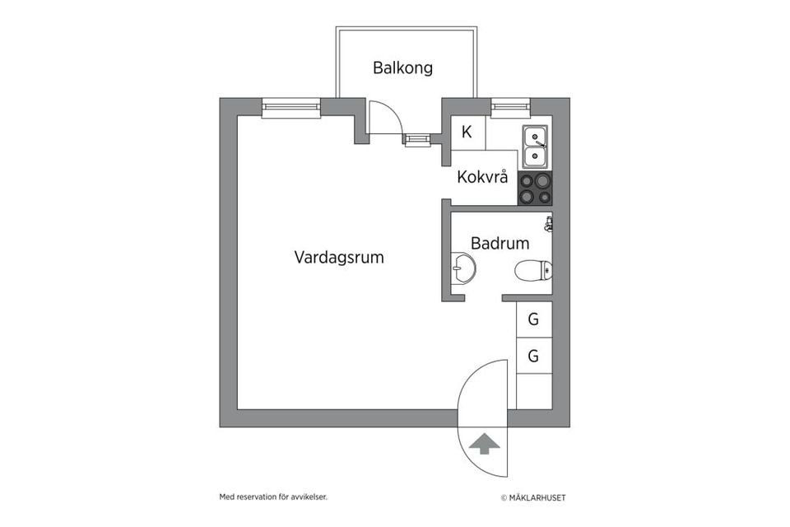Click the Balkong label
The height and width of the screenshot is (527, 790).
[402, 68]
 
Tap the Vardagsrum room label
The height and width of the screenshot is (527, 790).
[339, 257]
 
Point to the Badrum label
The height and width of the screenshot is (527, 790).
[500, 243]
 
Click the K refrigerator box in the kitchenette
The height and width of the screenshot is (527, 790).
[467, 132]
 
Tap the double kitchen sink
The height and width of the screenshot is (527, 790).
[535, 146]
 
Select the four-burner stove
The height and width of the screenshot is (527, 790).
[534, 189]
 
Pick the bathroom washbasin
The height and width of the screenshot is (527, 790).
[463, 268]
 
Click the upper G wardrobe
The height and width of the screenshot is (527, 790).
[533, 319]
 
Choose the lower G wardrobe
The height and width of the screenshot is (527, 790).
[533, 356]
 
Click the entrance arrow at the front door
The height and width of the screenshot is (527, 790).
[483, 444]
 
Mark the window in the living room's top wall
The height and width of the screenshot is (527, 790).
[290, 107]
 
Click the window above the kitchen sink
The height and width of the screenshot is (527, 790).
[509, 106]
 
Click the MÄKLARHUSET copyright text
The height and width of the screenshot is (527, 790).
[533, 497]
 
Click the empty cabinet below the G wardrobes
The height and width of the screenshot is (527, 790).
[533, 391]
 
